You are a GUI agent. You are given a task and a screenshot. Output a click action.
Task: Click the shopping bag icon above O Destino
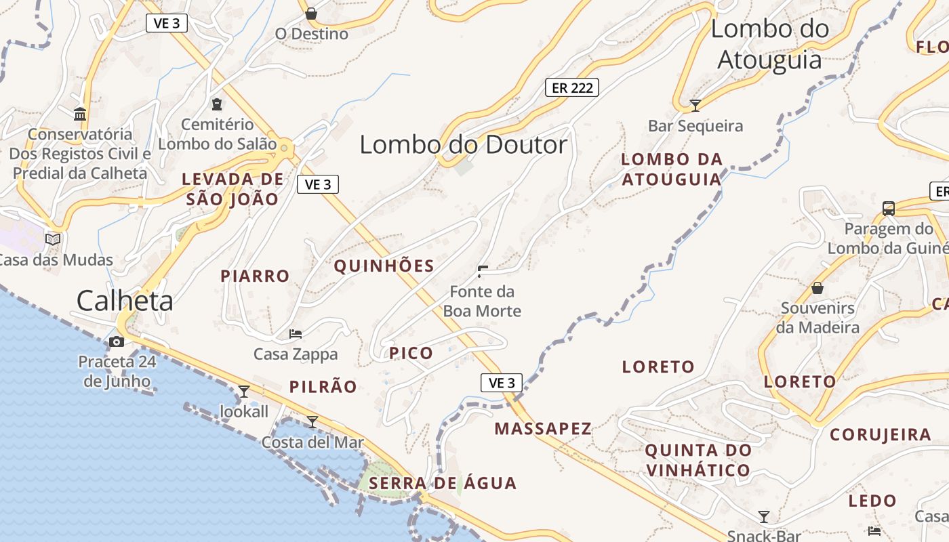[311, 14]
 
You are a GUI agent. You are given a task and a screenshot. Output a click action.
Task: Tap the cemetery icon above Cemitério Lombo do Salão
[217, 104]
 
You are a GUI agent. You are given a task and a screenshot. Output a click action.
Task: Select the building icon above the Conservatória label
[80, 114]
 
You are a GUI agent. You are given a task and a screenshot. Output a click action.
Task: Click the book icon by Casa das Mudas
[52, 239]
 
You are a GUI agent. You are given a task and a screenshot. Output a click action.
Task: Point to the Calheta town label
[125, 301]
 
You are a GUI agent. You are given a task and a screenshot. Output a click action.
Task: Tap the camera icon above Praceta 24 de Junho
[117, 341]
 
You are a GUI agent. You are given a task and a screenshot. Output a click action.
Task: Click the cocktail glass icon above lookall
[244, 391]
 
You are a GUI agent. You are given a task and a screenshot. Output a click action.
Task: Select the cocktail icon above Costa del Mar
[312, 422]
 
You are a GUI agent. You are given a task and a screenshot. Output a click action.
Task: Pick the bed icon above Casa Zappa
[296, 333]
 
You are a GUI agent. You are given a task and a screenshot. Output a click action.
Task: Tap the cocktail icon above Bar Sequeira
[695, 105]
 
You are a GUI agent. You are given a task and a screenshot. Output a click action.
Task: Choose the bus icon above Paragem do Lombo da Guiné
[889, 208]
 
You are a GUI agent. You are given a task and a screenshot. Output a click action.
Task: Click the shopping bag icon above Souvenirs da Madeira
[817, 288]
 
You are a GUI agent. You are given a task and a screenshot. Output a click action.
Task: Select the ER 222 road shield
[572, 87]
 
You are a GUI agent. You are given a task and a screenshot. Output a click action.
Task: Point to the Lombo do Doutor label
[463, 145]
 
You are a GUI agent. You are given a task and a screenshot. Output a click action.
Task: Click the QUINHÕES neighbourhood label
[384, 266]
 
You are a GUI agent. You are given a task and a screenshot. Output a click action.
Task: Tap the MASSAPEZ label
[543, 429]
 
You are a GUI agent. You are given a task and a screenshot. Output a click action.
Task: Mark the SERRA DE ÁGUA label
[443, 484]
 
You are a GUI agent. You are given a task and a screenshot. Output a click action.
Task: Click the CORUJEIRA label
[881, 435]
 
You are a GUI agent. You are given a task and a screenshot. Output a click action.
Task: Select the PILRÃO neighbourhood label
[323, 387]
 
